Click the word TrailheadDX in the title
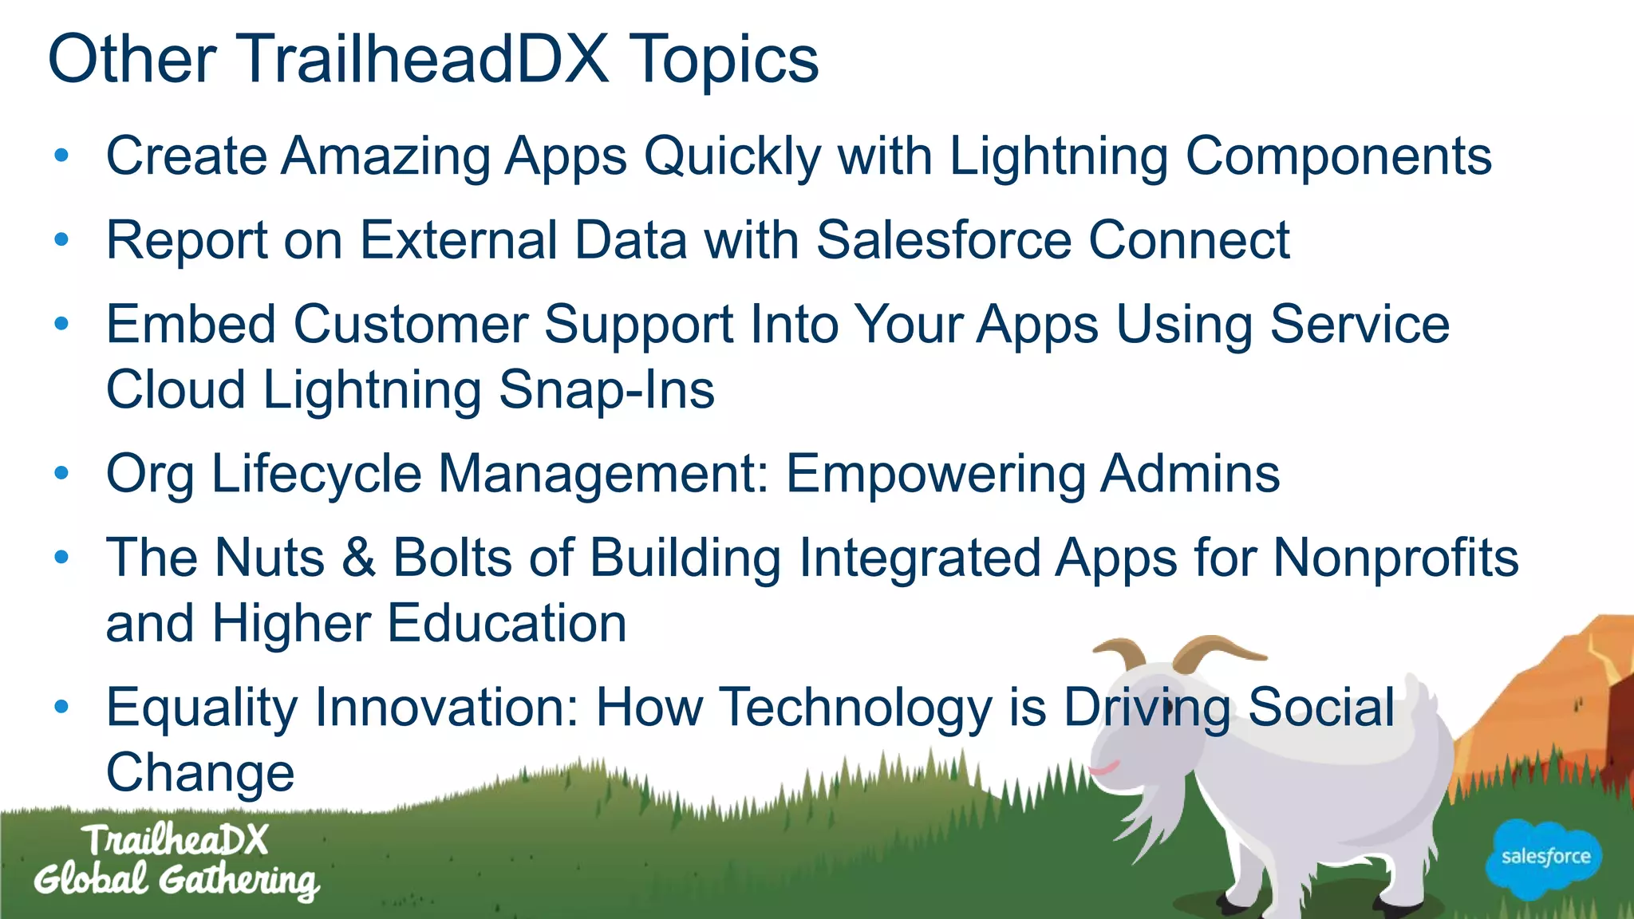[424, 59]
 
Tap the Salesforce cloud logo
[1545, 858]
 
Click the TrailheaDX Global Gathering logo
[176, 862]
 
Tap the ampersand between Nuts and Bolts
[358, 557]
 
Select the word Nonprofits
[1395, 557]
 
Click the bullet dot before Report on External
[61, 239]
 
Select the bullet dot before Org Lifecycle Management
[61, 473]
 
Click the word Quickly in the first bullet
[732, 156]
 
